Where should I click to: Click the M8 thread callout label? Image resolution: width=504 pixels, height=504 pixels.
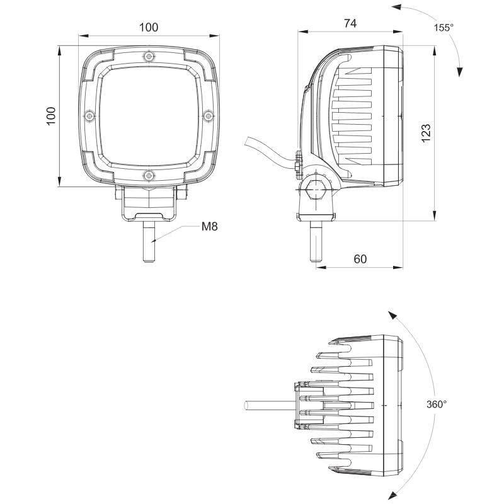coord(210,226)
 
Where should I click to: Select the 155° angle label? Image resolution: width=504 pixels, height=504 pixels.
coord(444,28)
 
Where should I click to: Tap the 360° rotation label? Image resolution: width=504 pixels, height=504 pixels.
coord(436,403)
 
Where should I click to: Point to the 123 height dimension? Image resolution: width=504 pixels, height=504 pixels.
coord(426,133)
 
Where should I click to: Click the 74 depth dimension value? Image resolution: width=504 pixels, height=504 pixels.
coord(350,23)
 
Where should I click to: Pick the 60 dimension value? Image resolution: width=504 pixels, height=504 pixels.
coord(360,258)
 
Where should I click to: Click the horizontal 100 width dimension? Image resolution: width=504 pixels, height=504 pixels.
coord(149,27)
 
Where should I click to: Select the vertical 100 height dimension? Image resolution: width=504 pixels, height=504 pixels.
coord(52,116)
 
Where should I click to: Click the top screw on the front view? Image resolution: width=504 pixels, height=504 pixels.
coord(149,57)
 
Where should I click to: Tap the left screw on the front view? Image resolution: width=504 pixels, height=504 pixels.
coord(89,116)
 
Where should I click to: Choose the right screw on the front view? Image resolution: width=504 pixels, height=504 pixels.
coord(208,116)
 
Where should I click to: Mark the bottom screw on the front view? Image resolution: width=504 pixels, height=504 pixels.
coord(149,175)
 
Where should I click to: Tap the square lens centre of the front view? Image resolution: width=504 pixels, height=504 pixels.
coord(149,116)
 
